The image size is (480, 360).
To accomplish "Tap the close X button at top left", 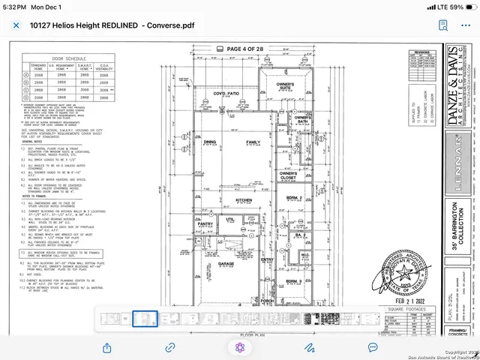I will point(16,25).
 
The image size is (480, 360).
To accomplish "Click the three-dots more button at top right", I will point(466,25).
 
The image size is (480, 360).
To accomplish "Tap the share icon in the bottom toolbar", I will point(106,347).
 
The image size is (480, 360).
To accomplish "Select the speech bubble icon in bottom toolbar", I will point(373,347).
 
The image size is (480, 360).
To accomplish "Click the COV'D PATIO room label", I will point(226,94).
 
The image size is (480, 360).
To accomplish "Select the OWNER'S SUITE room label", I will point(283,86).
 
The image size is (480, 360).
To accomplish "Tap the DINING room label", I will point(209,142).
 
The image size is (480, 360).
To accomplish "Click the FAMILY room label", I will point(253,142).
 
